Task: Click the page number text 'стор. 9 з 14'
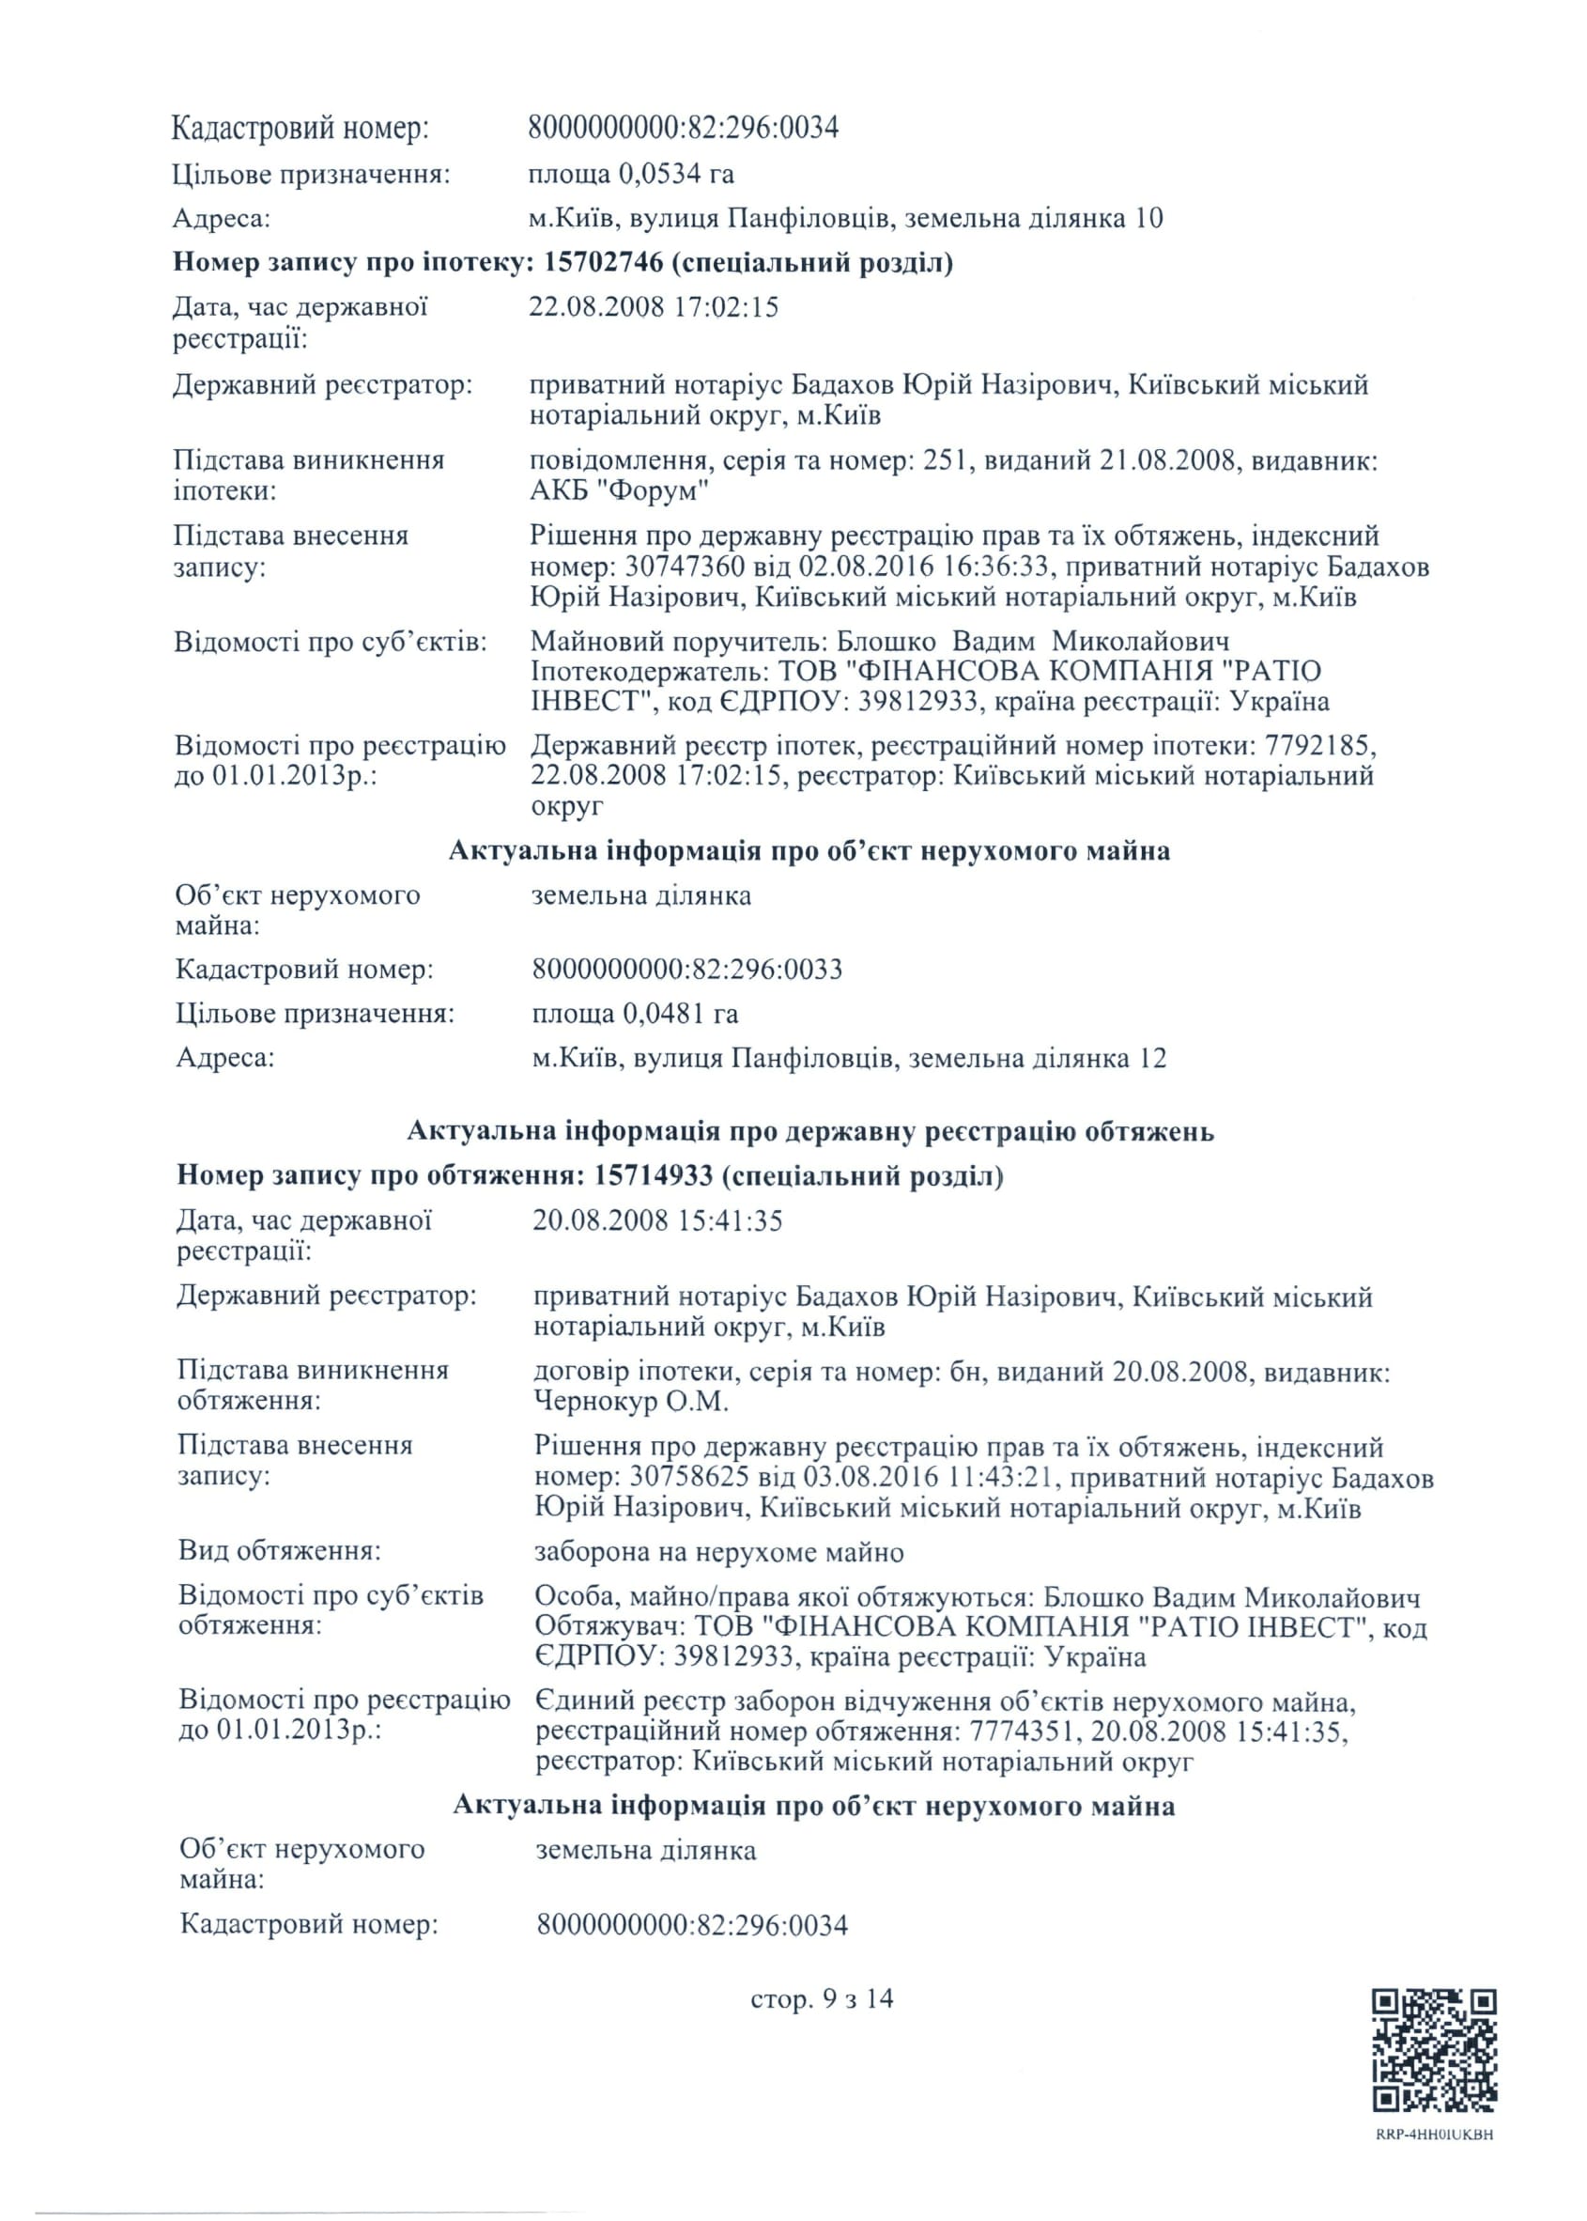coord(822,1998)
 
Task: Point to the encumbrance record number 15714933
coord(653,1175)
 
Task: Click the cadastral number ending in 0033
coord(687,970)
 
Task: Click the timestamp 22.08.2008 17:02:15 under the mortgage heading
coord(654,307)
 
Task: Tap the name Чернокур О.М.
coord(631,1403)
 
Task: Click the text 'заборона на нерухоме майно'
coord(718,1552)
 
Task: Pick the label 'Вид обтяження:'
coord(280,1550)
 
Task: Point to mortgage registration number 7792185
coord(1319,747)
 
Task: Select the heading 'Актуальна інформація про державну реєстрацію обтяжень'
coord(810,1131)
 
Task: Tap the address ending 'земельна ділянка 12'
coord(849,1059)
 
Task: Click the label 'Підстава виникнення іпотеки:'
coord(308,475)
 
